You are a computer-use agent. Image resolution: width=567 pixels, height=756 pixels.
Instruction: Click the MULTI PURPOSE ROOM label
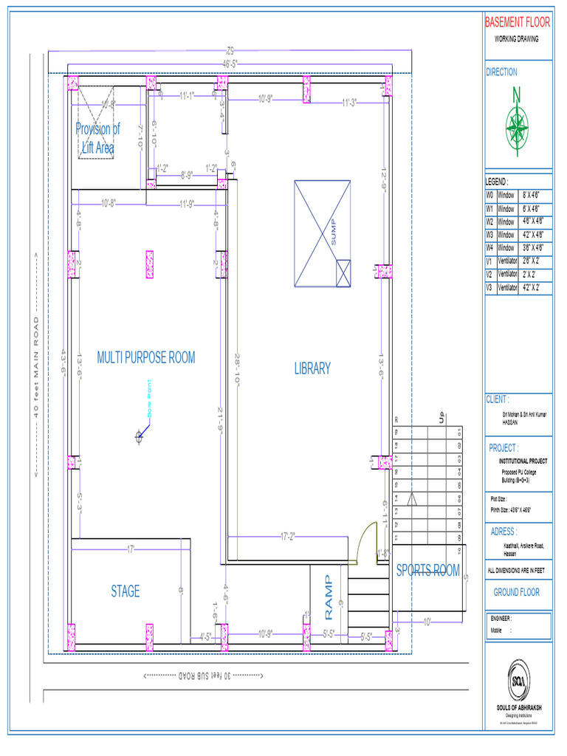point(146,358)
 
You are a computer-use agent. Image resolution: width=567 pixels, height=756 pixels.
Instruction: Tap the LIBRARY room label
point(312,368)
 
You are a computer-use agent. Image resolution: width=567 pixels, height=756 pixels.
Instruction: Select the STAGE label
point(126,591)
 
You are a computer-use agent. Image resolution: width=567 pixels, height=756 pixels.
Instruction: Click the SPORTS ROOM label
point(428,570)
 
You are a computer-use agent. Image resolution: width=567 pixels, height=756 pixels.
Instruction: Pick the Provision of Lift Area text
point(97,138)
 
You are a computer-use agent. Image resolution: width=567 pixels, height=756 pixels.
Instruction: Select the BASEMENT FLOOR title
point(518,23)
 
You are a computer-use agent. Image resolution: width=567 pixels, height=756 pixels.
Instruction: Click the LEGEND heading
point(497,182)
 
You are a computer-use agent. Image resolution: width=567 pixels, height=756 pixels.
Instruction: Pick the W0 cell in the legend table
point(489,196)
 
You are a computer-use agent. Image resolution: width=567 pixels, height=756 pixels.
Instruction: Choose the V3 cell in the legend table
point(489,287)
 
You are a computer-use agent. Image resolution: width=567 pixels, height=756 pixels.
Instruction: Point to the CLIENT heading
point(498,399)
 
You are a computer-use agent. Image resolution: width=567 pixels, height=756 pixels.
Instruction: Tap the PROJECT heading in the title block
point(504,447)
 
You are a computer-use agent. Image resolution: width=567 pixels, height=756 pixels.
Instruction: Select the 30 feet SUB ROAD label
point(203,676)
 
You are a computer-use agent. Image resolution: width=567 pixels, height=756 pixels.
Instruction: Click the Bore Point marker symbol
point(139,436)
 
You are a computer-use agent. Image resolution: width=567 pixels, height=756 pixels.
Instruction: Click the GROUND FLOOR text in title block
point(517,591)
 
